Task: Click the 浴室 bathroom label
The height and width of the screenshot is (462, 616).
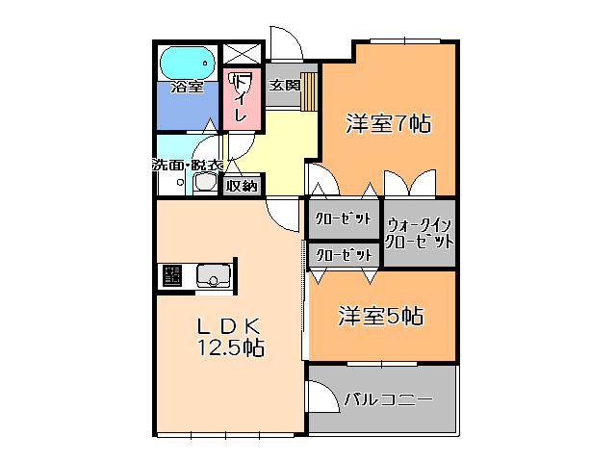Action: point(187,88)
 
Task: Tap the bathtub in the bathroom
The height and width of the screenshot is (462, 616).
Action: point(187,63)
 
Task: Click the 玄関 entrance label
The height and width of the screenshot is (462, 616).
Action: point(283,86)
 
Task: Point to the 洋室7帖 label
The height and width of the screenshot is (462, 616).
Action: point(388,122)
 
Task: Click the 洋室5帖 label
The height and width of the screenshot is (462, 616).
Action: point(381,315)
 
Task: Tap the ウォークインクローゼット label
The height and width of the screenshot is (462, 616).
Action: point(420,234)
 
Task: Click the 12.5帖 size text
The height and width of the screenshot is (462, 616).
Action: point(232,347)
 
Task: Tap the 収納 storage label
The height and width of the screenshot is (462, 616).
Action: point(242,186)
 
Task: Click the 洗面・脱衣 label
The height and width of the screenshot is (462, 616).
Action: point(189,165)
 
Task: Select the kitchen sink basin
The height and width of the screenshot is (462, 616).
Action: point(214,278)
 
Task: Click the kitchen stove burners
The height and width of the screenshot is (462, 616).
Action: point(172,276)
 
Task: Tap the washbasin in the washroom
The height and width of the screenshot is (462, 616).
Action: point(206,183)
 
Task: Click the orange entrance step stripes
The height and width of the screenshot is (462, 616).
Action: point(309,92)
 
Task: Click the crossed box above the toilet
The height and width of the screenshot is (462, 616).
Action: point(242,55)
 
